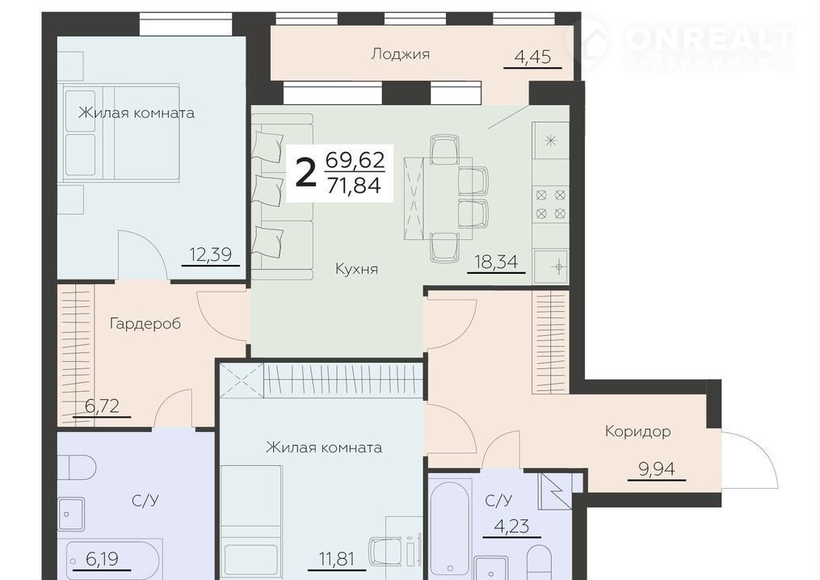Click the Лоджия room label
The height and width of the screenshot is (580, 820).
[x=400, y=54]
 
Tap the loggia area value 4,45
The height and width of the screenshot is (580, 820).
[x=533, y=56]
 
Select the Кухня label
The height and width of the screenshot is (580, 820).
[x=356, y=269]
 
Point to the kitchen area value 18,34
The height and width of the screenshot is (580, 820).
[x=496, y=261]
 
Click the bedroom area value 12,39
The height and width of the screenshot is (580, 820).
[x=210, y=254]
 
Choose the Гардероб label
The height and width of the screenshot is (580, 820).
[x=145, y=324]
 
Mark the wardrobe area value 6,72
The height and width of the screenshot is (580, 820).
[x=102, y=406]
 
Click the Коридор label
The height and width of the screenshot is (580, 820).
[x=637, y=431]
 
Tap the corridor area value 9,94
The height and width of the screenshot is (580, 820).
[x=657, y=469]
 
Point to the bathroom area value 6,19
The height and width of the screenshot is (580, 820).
[x=102, y=559]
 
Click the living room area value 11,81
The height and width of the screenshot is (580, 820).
[x=337, y=559]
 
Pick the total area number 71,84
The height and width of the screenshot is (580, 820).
[x=354, y=185]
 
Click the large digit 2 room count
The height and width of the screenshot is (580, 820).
[x=306, y=174]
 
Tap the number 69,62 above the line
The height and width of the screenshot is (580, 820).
[x=355, y=159]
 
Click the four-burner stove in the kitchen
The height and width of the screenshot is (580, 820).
[x=551, y=204]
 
